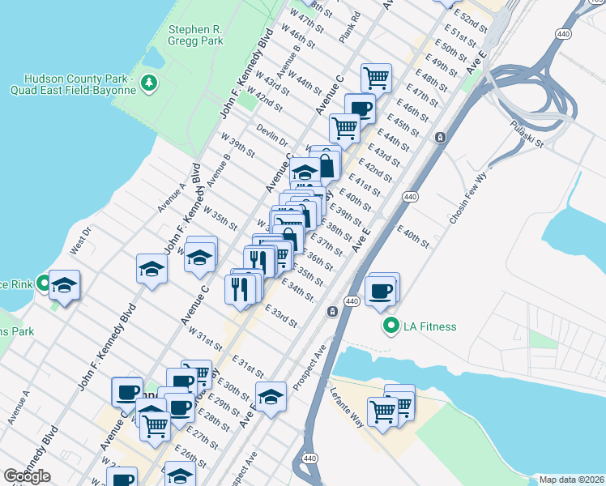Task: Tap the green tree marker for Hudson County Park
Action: coord(148,83)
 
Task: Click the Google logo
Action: coord(27,476)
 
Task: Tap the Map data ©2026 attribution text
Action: coord(572,480)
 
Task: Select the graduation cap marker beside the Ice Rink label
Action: coord(64,285)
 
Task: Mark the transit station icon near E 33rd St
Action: coord(331,312)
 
